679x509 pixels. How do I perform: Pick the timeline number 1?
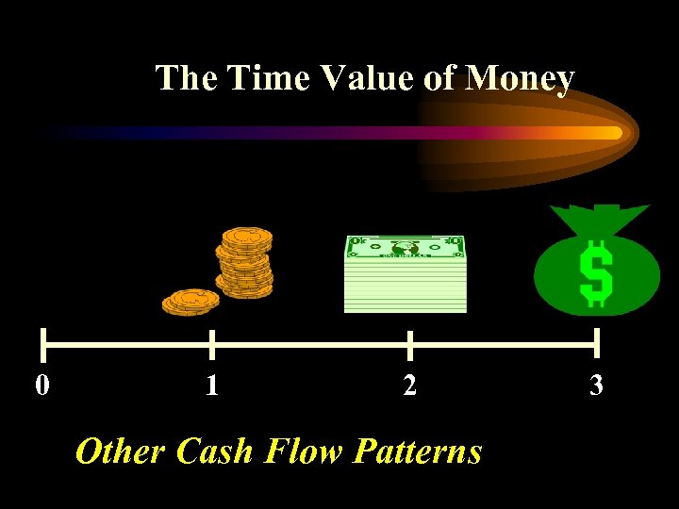[212, 385]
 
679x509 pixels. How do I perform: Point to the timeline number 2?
[408, 385]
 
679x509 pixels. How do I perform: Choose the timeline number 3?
[596, 385]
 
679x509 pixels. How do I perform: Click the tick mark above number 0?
[42, 345]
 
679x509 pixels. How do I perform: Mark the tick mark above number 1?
[211, 345]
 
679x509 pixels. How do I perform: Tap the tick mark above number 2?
[409, 345]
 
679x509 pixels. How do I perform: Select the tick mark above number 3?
[597, 345]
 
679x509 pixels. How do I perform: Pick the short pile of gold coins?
[190, 302]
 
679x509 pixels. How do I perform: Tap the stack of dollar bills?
[406, 274]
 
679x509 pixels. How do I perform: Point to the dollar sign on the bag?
[596, 272]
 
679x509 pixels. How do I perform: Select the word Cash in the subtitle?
[215, 452]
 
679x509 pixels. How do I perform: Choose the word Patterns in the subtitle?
[418, 452]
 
